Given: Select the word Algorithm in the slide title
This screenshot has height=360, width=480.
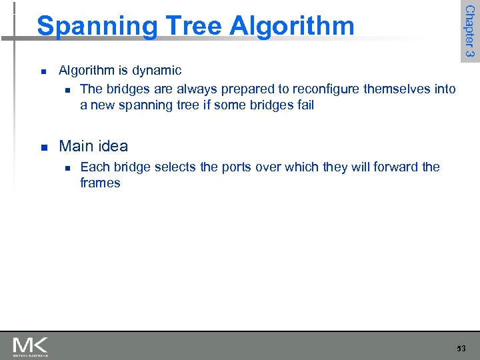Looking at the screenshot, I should point(292,27).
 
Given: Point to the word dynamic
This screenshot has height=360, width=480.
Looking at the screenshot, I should point(156,71).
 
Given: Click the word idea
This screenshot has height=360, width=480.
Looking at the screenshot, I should point(113,146).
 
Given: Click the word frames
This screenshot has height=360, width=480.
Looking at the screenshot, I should point(100,183).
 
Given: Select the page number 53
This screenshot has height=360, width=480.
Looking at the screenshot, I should point(462,348).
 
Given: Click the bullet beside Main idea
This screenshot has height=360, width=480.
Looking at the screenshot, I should point(42,147).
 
